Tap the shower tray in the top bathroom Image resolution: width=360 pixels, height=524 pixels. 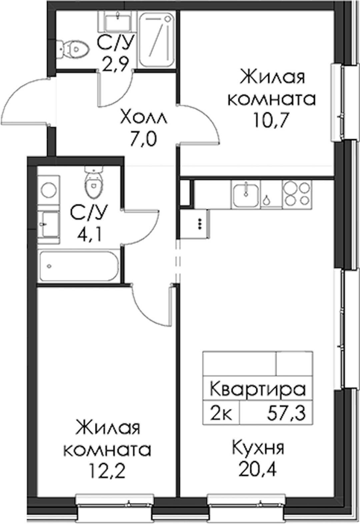[x=157, y=40]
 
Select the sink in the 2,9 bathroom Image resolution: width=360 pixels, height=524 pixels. [x=118, y=22]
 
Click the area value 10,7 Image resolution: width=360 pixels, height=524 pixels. [x=272, y=120]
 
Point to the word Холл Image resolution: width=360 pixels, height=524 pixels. [x=143, y=118]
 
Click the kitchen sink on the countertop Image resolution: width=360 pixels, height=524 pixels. [x=245, y=196]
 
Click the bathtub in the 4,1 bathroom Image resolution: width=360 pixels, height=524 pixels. [x=79, y=266]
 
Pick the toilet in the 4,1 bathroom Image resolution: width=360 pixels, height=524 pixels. [x=94, y=181]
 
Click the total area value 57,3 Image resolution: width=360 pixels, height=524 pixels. [x=287, y=413]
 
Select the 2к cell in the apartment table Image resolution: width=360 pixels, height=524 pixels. [x=221, y=413]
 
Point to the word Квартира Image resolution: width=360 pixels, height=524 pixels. [x=258, y=389]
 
